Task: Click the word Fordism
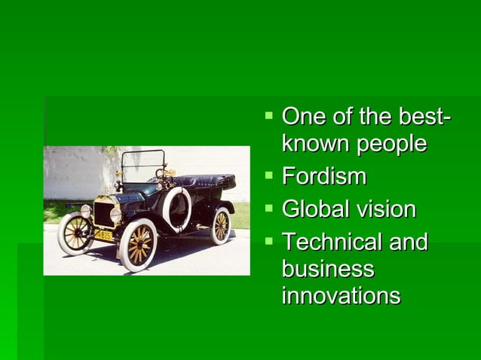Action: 323,177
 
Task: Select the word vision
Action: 384,209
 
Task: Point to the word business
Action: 327,269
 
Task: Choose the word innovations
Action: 340,295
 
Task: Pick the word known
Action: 311,144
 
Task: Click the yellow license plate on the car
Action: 103,235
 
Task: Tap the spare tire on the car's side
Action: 176,209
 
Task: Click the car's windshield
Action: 143,163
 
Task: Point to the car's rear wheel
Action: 220,225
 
